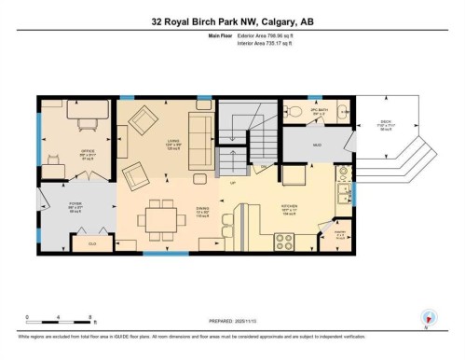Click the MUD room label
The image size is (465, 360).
[317, 145]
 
